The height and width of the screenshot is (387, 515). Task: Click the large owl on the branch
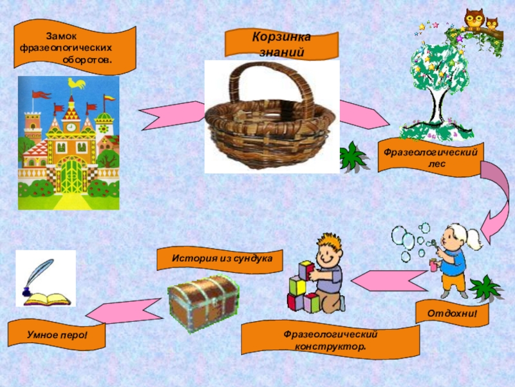(x=474, y=19)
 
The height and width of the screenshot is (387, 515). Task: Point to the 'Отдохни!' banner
(x=452, y=313)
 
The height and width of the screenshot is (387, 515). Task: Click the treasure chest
(x=202, y=301)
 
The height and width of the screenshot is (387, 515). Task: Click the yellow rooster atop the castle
(x=77, y=83)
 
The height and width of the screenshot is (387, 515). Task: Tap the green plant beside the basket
(x=353, y=155)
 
